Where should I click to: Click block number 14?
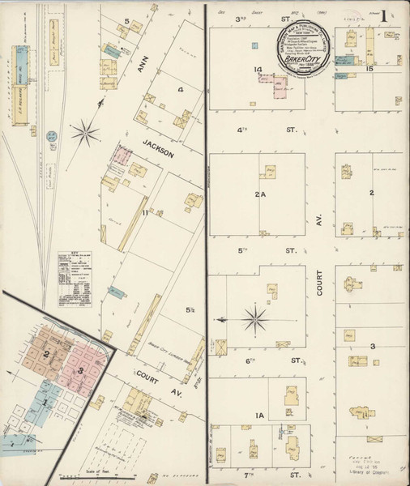coord(258,70)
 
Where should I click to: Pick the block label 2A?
coord(259,194)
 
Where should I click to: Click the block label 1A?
coord(259,416)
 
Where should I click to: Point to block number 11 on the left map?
coord(146,213)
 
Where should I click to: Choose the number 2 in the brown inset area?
coord(47,355)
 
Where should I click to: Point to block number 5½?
coord(191,309)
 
